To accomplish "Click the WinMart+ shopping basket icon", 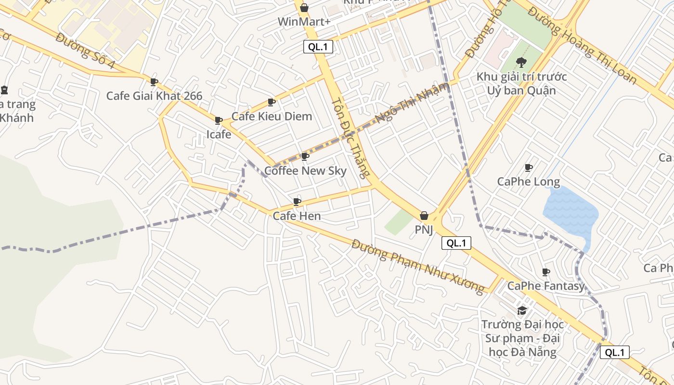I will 304,8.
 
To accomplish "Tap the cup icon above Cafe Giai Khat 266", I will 154,82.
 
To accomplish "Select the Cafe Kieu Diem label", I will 272,116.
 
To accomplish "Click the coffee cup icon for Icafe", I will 219,120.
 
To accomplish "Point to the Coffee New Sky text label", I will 305,170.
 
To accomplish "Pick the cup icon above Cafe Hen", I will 297,202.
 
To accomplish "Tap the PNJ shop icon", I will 424,216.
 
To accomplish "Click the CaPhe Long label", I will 528,181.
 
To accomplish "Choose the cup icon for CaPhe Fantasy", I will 546,272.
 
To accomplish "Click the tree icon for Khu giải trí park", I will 521,62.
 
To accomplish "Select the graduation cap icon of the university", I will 522,310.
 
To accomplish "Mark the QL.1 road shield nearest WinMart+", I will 318,47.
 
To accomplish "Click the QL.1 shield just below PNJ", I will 456,243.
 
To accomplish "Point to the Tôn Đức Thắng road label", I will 352,138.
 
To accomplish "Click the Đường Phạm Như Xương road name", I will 417,266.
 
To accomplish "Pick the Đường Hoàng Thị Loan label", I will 582,46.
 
